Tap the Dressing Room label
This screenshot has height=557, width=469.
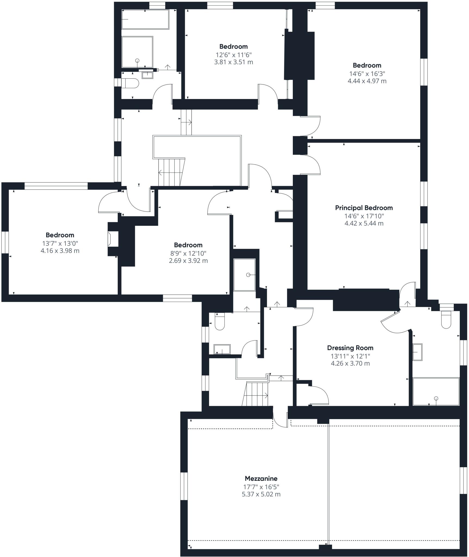(x=350, y=348)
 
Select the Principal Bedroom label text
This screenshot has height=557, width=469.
(x=364, y=208)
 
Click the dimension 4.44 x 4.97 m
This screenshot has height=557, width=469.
(x=367, y=81)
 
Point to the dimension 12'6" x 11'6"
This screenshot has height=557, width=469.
(x=234, y=54)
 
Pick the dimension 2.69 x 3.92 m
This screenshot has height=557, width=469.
(x=188, y=261)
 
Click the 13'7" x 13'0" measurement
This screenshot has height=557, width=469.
(x=60, y=243)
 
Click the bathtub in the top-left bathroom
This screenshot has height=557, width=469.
(x=145, y=19)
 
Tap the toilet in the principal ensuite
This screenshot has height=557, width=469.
(x=446, y=319)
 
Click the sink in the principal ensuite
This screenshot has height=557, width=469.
(x=417, y=352)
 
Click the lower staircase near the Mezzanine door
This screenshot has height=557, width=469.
(x=256, y=394)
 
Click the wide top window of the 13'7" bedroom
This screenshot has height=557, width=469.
(x=56, y=186)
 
